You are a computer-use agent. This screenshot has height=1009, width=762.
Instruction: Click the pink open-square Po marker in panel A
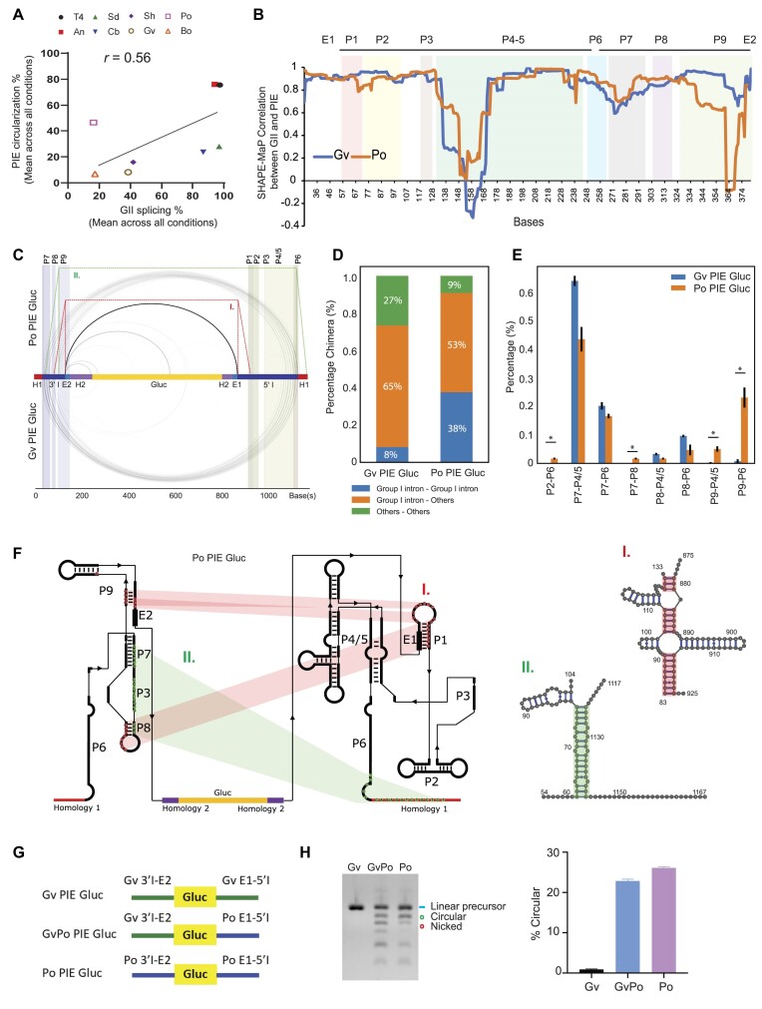[94, 122]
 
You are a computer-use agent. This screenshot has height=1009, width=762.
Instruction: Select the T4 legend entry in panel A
[75, 17]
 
